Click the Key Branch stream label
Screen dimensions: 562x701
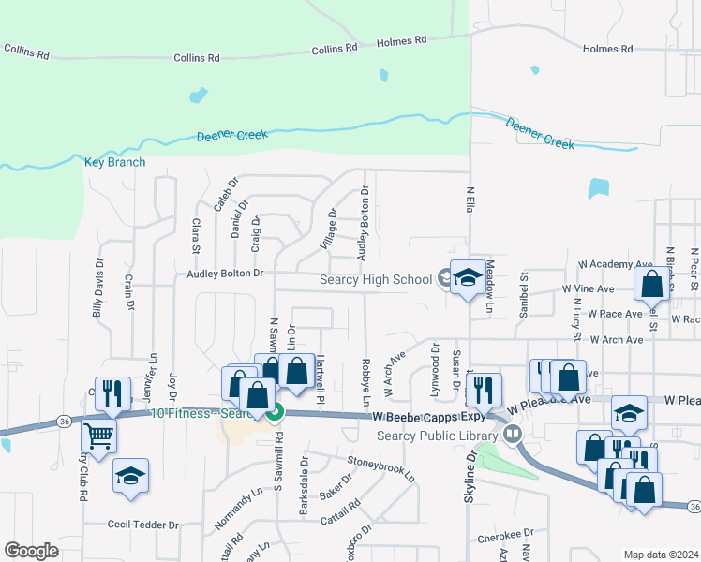click(x=115, y=162)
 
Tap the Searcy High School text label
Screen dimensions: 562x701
click(x=376, y=279)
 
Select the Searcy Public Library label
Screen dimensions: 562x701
click(x=437, y=435)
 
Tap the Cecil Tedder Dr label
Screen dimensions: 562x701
click(x=142, y=525)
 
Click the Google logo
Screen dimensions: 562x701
click(x=31, y=550)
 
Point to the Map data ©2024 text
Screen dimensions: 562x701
click(x=660, y=555)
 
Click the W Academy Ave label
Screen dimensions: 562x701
click(x=615, y=265)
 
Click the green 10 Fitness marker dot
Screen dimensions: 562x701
click(x=275, y=411)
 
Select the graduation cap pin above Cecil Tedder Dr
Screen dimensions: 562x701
click(x=130, y=475)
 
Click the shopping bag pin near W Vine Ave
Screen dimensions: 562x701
click(x=652, y=282)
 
